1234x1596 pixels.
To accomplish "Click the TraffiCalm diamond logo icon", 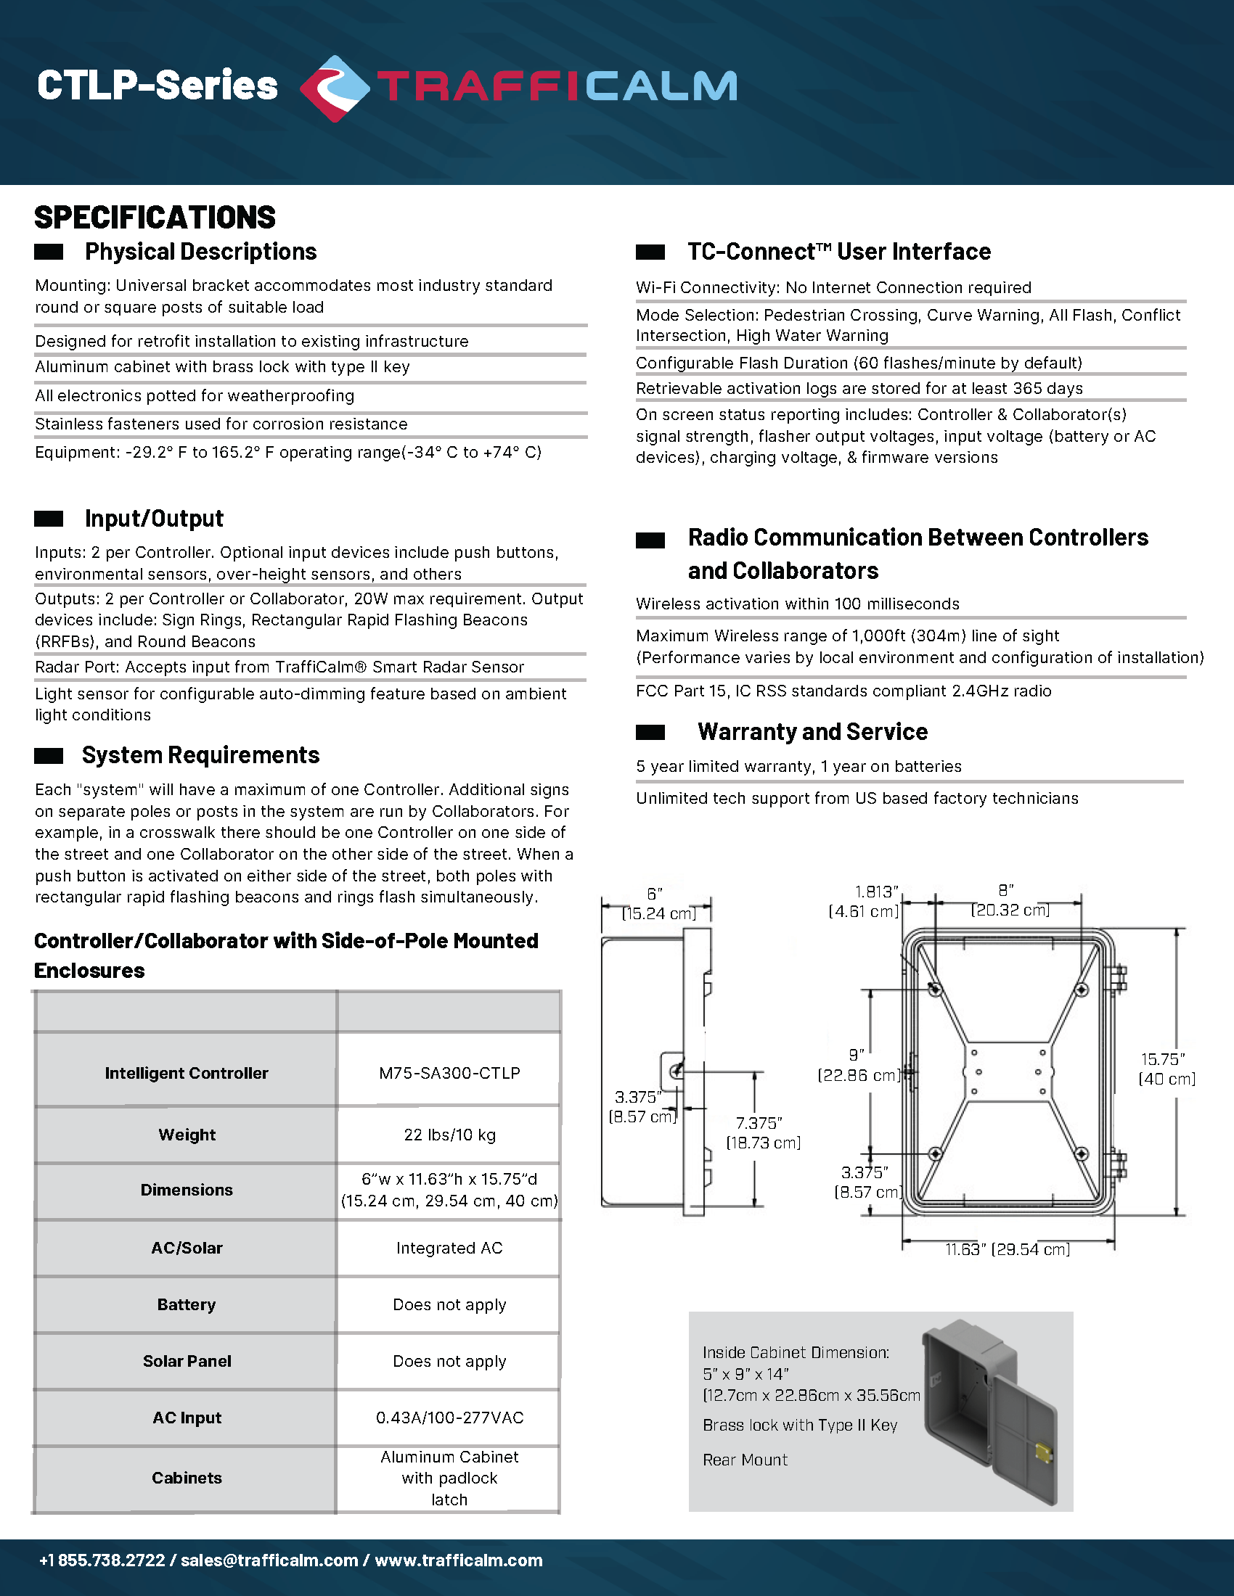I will [x=335, y=89].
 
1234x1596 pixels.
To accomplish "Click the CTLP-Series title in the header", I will [x=158, y=86].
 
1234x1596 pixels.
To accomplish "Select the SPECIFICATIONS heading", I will [x=155, y=218].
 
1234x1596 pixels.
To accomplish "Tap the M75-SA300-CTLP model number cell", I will [x=449, y=1073].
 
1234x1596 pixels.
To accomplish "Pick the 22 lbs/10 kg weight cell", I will [x=449, y=1135].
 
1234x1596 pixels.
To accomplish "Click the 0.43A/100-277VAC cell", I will [x=449, y=1418].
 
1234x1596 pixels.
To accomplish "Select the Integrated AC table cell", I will [x=449, y=1249].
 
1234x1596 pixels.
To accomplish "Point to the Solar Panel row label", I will [x=187, y=1361].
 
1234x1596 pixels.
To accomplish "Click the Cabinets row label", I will [x=187, y=1478].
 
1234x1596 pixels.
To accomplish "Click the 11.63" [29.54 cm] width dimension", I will [x=1008, y=1250].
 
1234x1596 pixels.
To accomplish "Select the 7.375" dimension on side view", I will [x=762, y=1132].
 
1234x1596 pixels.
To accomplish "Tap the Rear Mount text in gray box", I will [x=745, y=1460].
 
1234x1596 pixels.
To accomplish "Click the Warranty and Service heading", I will [x=812, y=731].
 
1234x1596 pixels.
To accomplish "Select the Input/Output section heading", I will [x=153, y=518].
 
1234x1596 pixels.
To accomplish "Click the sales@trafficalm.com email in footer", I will [x=269, y=1560].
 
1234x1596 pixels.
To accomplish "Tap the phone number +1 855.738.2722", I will [x=102, y=1560].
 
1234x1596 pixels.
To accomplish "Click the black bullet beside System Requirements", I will [x=48, y=757].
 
